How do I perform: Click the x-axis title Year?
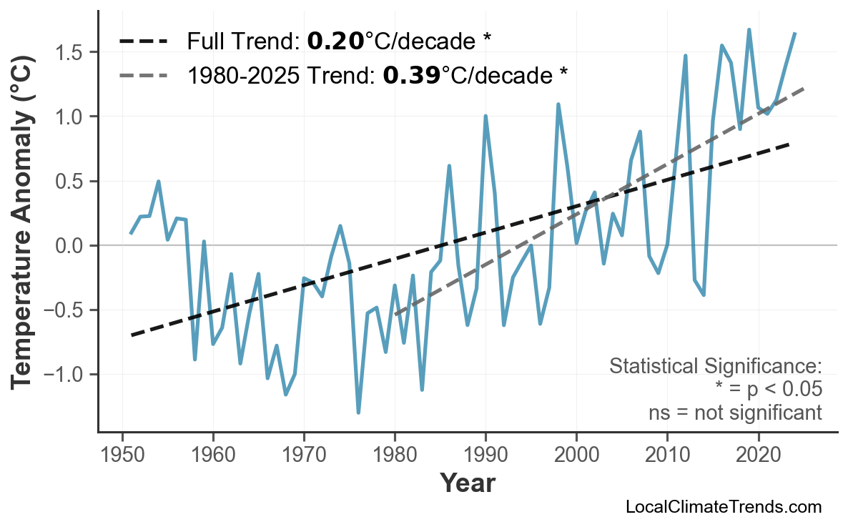point(467,483)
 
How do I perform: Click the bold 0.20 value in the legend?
point(335,41)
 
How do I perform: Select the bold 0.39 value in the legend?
point(411,74)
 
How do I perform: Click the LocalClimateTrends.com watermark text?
point(723,507)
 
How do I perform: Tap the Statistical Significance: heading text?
point(715,367)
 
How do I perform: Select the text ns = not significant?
point(735,413)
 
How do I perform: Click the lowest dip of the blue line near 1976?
point(358,413)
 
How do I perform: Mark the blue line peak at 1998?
point(558,104)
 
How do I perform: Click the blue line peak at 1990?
point(485,116)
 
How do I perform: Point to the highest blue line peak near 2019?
point(749,30)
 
